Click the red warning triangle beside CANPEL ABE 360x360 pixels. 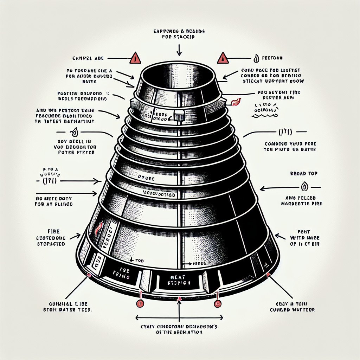(135, 58)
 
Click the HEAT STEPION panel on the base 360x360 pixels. (178, 280)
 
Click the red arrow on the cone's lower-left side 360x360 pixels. (99, 228)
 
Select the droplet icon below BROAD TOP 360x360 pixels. (304, 187)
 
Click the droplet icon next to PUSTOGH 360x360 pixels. (256, 58)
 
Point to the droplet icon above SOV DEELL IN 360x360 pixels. (74, 133)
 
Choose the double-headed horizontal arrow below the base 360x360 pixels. (180, 317)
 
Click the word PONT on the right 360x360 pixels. (303, 232)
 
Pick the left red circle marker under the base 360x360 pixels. (140, 303)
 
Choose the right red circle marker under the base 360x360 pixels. (218, 303)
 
